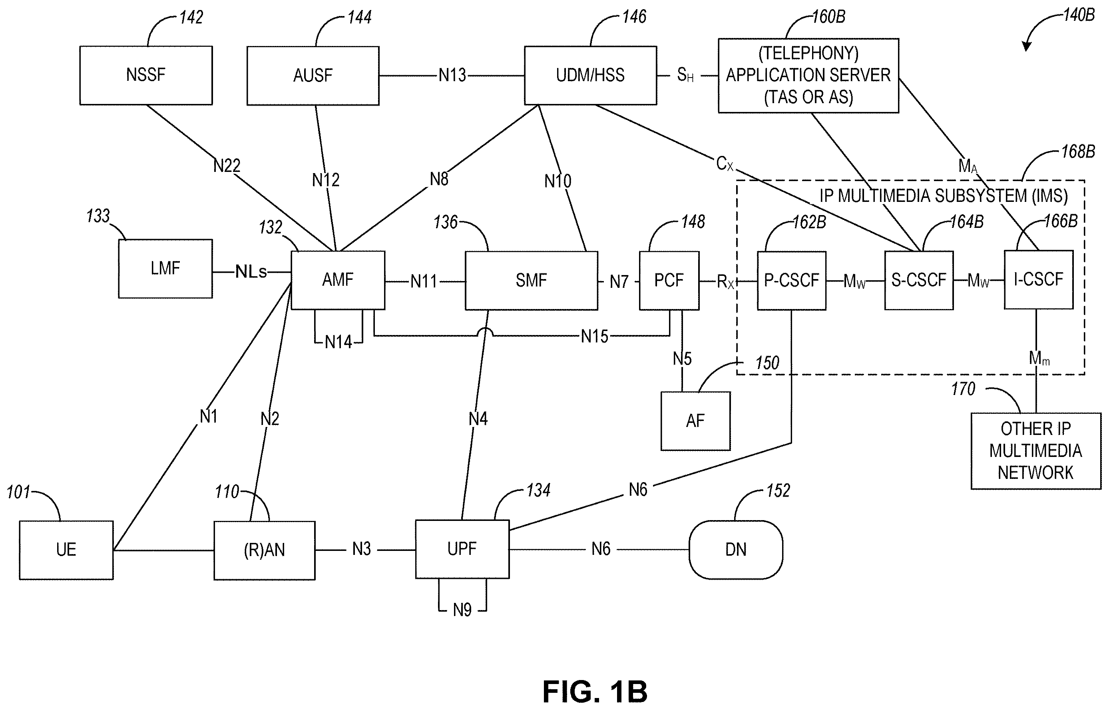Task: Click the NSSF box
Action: coord(145,75)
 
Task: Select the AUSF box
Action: coord(313,76)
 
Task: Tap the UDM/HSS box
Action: coord(590,75)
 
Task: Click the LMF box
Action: coord(165,268)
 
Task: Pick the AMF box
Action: coord(338,280)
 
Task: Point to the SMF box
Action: coord(531,280)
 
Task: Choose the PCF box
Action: coord(669,280)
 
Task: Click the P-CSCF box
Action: coord(792,280)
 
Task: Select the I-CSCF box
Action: coord(1039,279)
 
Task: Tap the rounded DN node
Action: coord(736,550)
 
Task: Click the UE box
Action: coord(66,550)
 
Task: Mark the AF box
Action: coord(695,421)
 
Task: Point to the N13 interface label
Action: coord(452,75)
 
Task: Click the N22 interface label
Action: coord(227,166)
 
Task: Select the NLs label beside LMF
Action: coord(251,271)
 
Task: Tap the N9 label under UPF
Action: coord(462,610)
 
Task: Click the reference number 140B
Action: coord(1079,15)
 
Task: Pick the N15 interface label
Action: coord(594,337)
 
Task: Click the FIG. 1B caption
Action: coord(595,692)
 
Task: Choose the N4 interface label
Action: coord(478,419)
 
